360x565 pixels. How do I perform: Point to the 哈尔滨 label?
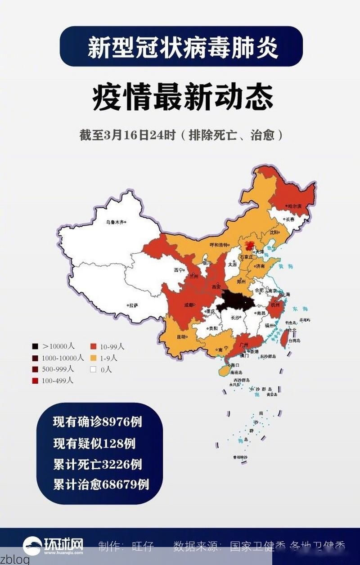[x=294, y=206]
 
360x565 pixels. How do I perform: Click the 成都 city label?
[x=189, y=305]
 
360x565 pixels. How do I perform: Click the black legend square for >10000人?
[x=35, y=346]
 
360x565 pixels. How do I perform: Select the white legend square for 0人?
[x=93, y=369]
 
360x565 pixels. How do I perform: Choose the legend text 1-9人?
[x=108, y=358]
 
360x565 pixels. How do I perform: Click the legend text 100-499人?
[x=57, y=381]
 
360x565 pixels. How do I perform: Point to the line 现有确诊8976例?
[x=98, y=422]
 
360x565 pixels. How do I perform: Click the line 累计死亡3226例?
[x=98, y=464]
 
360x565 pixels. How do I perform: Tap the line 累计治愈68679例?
[x=101, y=484]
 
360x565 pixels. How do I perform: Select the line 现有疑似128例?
[x=94, y=443]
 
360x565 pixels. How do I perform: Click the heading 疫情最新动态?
[x=182, y=98]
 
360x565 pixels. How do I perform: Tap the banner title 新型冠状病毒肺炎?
[x=182, y=47]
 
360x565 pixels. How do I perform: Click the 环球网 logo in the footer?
[x=54, y=546]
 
